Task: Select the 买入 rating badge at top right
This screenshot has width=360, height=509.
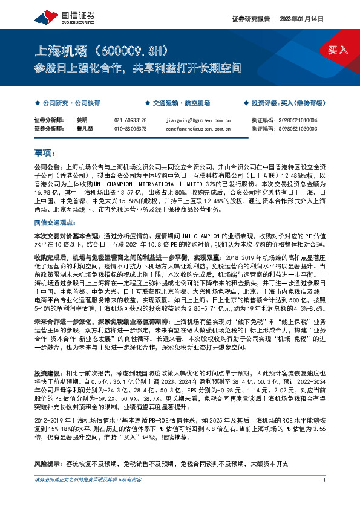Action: click(x=338, y=50)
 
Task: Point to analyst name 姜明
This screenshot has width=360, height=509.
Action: click(x=82, y=120)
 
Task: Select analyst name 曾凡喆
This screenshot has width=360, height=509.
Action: click(x=85, y=128)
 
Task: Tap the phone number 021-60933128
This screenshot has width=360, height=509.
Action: click(x=130, y=120)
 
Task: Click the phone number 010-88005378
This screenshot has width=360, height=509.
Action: click(x=130, y=128)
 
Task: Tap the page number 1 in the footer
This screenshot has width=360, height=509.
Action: click(x=325, y=496)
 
